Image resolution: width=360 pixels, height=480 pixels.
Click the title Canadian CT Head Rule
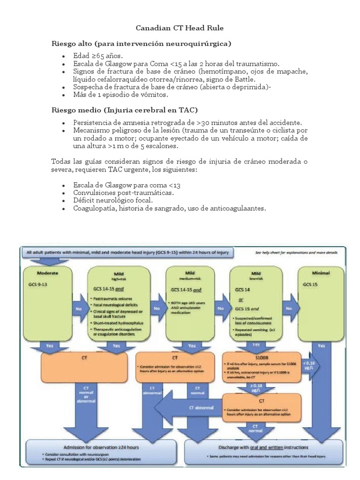[180, 28]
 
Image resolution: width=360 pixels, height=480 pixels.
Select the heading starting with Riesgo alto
[141, 44]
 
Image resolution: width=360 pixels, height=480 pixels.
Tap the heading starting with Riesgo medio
[124, 110]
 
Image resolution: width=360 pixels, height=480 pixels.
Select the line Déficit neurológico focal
[113, 200]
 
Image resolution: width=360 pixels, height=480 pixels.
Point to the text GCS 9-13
[40, 284]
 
